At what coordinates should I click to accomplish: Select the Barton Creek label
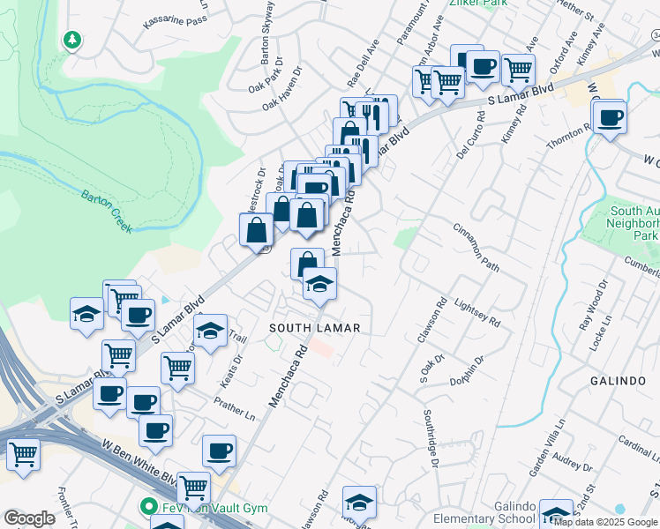tap(107, 212)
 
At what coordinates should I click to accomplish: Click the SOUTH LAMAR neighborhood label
tap(315, 328)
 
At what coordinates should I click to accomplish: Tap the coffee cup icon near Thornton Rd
tap(609, 117)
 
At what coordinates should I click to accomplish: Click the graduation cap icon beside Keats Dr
tap(210, 332)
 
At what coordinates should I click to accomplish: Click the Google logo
tap(29, 518)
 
